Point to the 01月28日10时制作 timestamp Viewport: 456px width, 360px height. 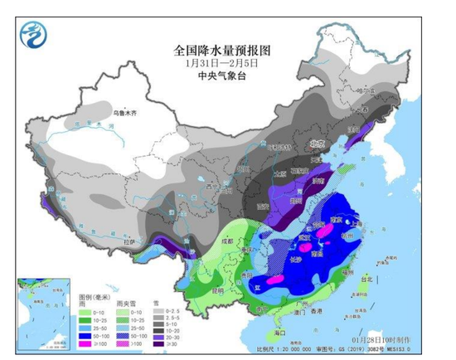coord(395,338)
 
